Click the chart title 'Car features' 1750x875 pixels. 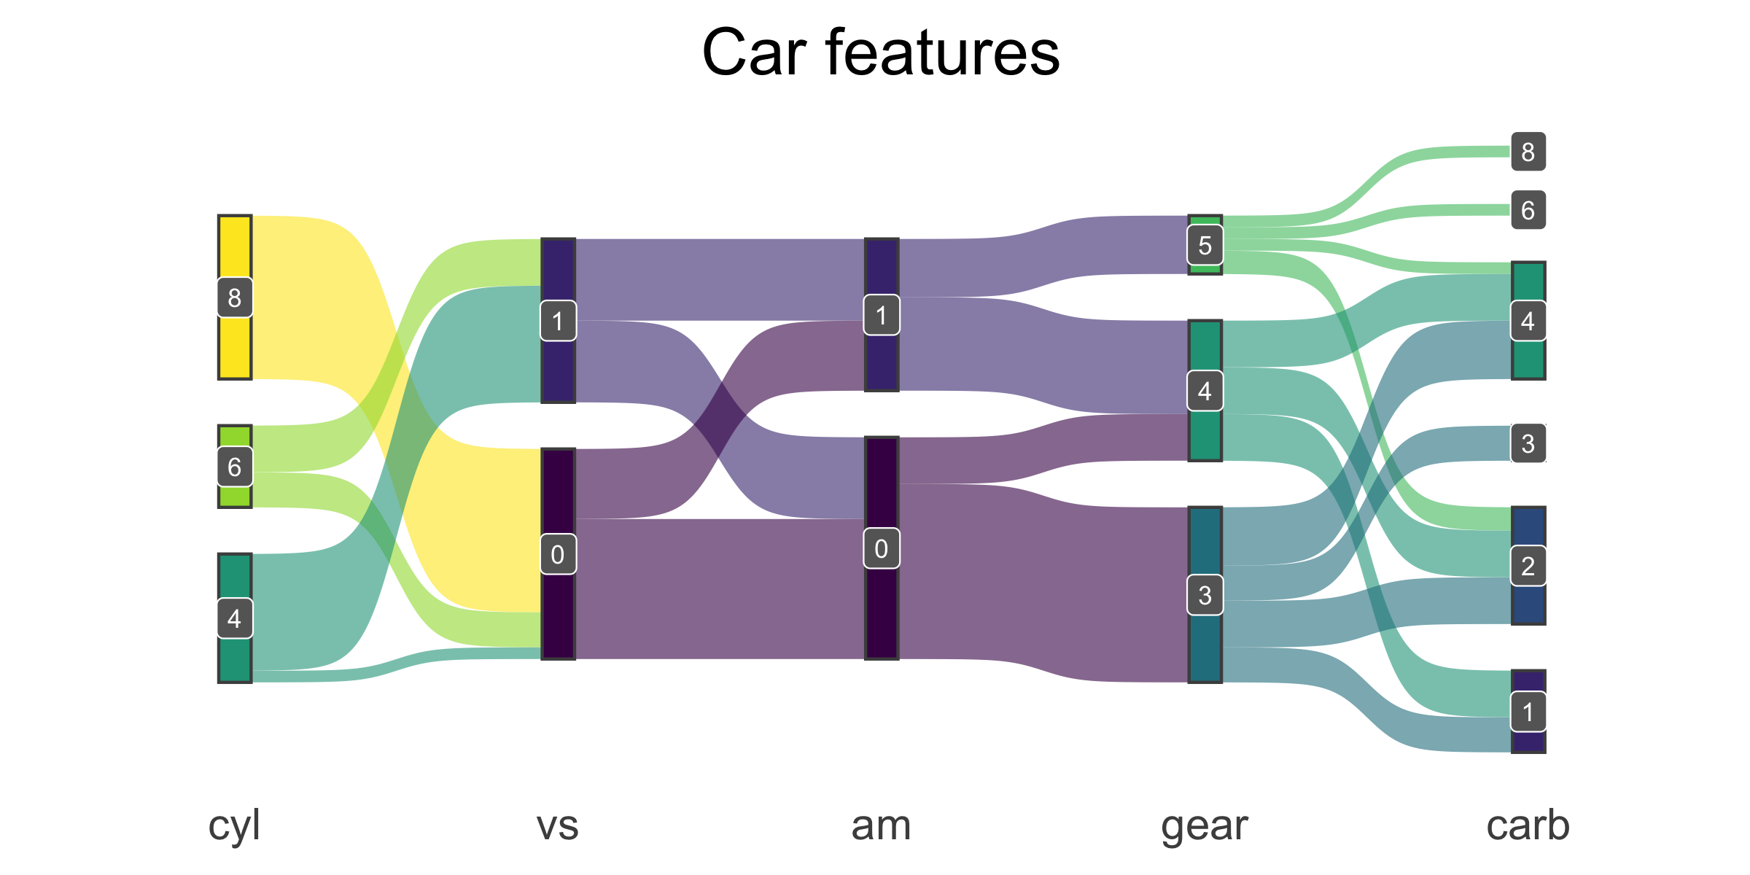tap(880, 52)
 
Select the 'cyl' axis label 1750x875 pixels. tap(234, 826)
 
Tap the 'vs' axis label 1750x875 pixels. tap(558, 826)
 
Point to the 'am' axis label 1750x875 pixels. tap(881, 826)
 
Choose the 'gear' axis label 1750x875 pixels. tap(1205, 826)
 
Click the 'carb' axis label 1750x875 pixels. tap(1528, 826)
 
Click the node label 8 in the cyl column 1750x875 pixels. tap(235, 297)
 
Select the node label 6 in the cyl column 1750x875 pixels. tap(235, 467)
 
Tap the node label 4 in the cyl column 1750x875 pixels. tap(235, 618)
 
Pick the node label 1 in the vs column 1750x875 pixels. tap(558, 321)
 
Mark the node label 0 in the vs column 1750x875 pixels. tap(558, 554)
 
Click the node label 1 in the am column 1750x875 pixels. tap(882, 315)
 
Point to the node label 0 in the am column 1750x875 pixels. tap(882, 548)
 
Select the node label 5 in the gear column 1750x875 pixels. tap(1205, 245)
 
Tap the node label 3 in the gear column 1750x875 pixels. tap(1205, 595)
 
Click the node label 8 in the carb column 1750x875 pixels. tap(1528, 152)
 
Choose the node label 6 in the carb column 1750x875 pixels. tap(1528, 210)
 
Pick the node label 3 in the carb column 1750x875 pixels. tap(1528, 443)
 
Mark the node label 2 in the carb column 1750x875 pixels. tap(1528, 566)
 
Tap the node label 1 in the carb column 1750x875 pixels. tap(1528, 712)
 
